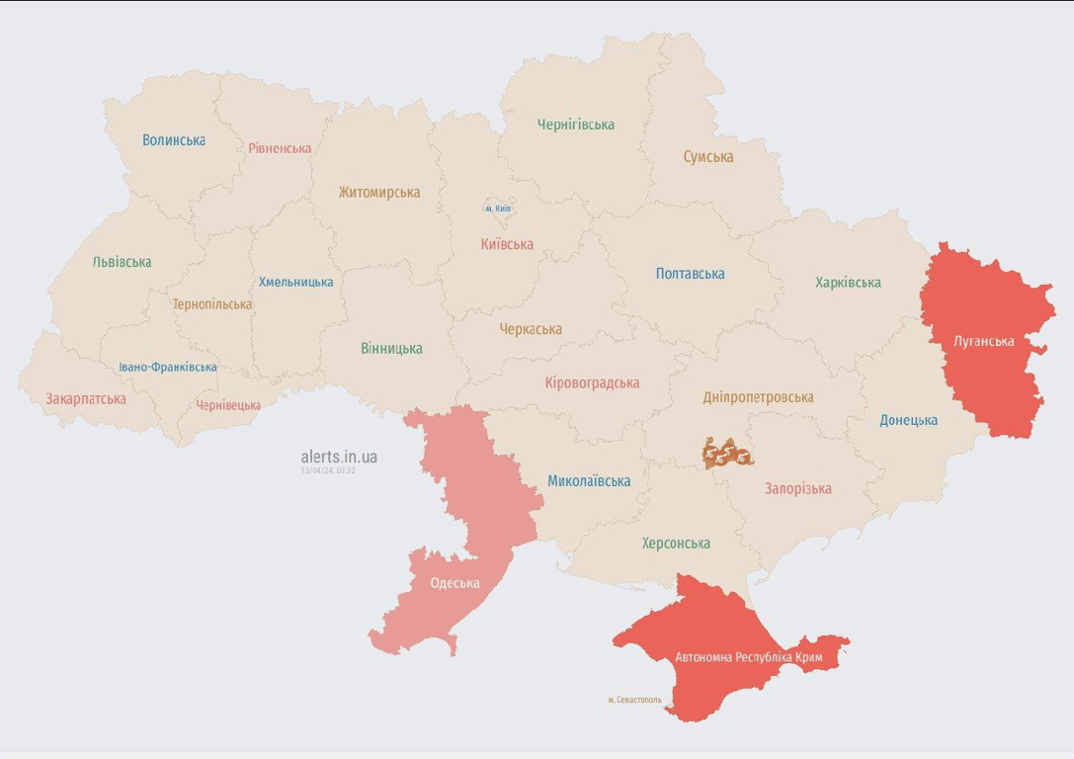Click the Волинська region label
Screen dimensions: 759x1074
coord(174,140)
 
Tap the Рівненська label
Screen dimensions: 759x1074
coord(280,148)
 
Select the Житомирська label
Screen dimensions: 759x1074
coord(379,193)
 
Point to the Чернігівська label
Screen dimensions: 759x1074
coord(575,125)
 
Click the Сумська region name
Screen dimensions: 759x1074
coord(708,157)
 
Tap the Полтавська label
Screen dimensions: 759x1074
coord(690,274)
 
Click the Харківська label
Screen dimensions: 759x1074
coord(848,283)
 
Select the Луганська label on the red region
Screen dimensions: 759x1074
coord(984,342)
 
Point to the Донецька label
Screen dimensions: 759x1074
coord(908,420)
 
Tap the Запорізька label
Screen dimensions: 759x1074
coord(797,488)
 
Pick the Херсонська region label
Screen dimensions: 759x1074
coord(676,544)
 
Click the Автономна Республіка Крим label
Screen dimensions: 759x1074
coord(748,658)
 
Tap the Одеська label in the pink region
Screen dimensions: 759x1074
coord(454,583)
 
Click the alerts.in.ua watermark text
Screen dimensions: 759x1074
coord(339,457)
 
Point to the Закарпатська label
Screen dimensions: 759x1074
coord(86,399)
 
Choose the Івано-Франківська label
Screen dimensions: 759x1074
coord(168,367)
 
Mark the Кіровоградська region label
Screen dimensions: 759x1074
coord(592,382)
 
